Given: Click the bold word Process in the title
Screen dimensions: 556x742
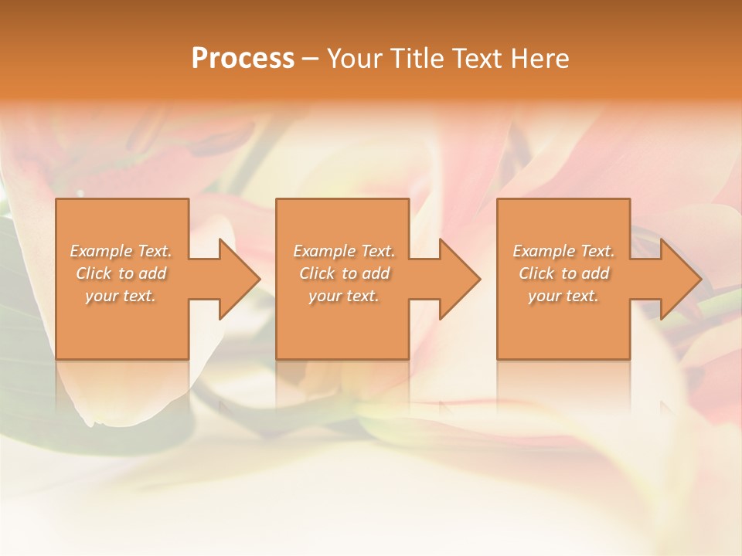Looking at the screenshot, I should (243, 59).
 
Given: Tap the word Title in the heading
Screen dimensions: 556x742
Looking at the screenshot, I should (417, 59).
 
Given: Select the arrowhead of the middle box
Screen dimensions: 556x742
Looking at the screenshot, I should (464, 279).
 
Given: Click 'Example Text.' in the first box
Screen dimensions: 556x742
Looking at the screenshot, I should (121, 251).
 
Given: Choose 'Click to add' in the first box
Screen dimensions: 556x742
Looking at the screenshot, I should (121, 273).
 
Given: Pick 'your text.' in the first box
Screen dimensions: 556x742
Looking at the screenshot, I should (121, 296).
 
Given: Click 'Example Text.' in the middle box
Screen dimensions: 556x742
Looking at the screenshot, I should (344, 251).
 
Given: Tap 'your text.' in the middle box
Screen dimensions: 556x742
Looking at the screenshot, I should (344, 296).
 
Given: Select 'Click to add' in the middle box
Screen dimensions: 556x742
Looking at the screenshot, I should (344, 273).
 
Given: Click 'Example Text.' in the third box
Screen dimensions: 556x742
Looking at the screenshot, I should (563, 251).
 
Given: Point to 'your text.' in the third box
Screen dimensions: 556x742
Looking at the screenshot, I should (563, 296).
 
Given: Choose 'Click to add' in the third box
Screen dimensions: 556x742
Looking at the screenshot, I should (563, 273).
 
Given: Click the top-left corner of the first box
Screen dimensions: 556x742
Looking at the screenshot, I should (57, 200).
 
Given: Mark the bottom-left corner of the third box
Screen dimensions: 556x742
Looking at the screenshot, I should (499, 358).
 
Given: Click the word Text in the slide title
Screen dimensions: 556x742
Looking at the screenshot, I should (478, 59).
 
